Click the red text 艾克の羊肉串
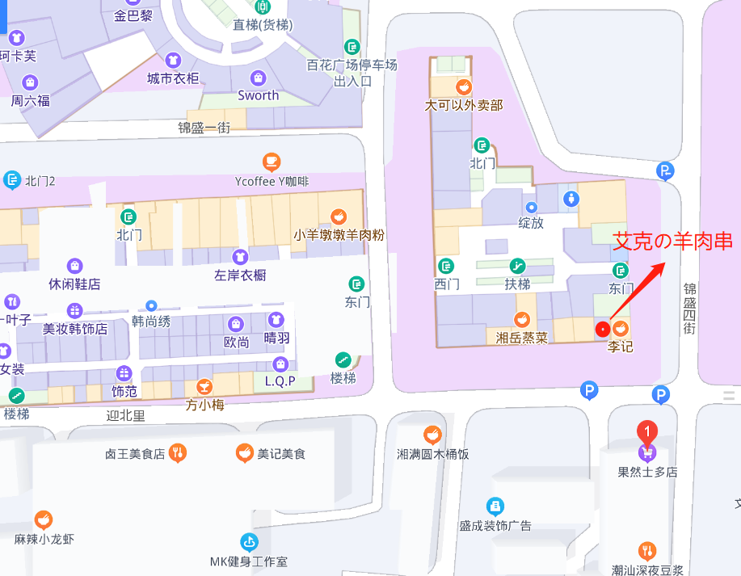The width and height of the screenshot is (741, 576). (x=672, y=241)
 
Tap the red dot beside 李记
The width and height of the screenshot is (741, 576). (x=602, y=329)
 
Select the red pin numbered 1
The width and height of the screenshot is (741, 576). (x=647, y=432)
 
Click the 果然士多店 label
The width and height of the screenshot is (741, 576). (x=647, y=472)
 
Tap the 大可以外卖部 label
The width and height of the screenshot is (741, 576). (x=464, y=105)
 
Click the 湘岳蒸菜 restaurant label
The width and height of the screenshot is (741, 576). (x=522, y=337)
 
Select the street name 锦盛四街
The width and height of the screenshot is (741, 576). (x=689, y=309)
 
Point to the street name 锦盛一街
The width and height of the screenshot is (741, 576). (x=204, y=127)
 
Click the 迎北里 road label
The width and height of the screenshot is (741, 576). (x=125, y=416)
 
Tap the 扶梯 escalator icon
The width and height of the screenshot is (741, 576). (x=517, y=266)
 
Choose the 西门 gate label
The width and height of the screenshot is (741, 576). (x=446, y=284)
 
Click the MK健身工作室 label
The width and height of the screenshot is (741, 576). (x=249, y=561)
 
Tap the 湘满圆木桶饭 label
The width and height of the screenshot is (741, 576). (x=433, y=454)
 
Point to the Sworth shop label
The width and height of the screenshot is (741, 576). (x=259, y=95)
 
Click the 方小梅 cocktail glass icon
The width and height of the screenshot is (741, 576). (x=204, y=386)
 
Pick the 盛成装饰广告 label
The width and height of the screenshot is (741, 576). (x=495, y=525)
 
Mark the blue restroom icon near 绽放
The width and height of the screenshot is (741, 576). (x=572, y=198)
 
